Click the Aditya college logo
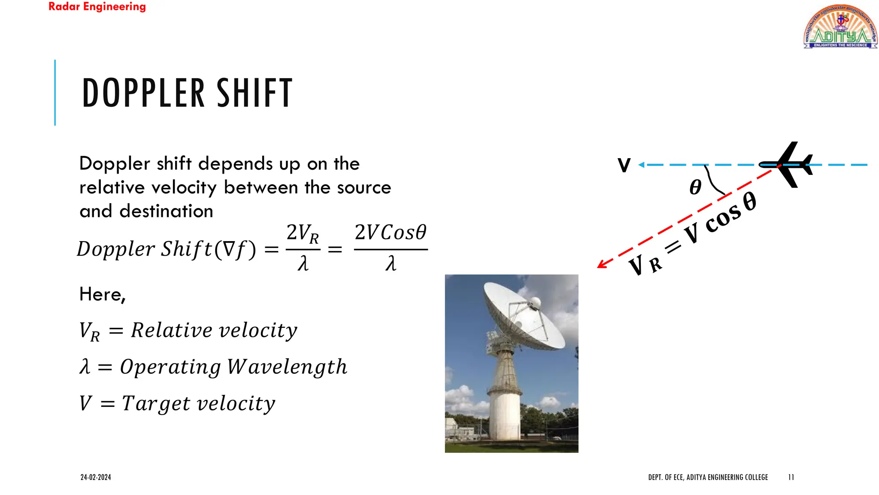click(x=840, y=27)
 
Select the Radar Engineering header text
click(x=97, y=7)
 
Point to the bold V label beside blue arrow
click(x=624, y=165)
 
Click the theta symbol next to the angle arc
click(x=695, y=187)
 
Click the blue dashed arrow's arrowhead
click(x=642, y=165)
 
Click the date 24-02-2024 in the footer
click(x=96, y=477)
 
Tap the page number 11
click(x=791, y=477)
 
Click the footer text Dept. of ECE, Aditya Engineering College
click(x=708, y=477)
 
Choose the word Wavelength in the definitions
click(x=287, y=367)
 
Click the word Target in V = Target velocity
click(x=156, y=403)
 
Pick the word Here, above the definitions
click(x=103, y=295)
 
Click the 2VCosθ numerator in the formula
click(x=390, y=232)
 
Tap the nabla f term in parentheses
click(x=235, y=249)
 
